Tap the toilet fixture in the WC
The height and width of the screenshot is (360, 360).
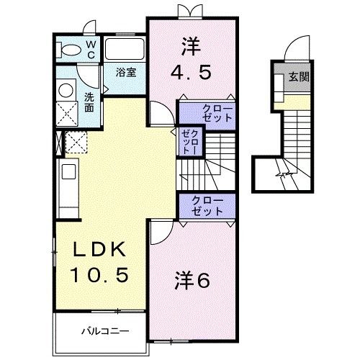pyautogui.click(x=71, y=49)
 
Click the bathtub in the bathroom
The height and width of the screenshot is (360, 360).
pyautogui.click(x=125, y=49)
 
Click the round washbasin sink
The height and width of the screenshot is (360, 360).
pyautogui.click(x=66, y=91)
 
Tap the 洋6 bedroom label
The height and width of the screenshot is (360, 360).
pyautogui.click(x=192, y=281)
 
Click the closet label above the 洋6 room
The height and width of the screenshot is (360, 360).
pyautogui.click(x=207, y=205)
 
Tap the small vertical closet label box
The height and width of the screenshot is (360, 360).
pyautogui.click(x=189, y=142)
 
